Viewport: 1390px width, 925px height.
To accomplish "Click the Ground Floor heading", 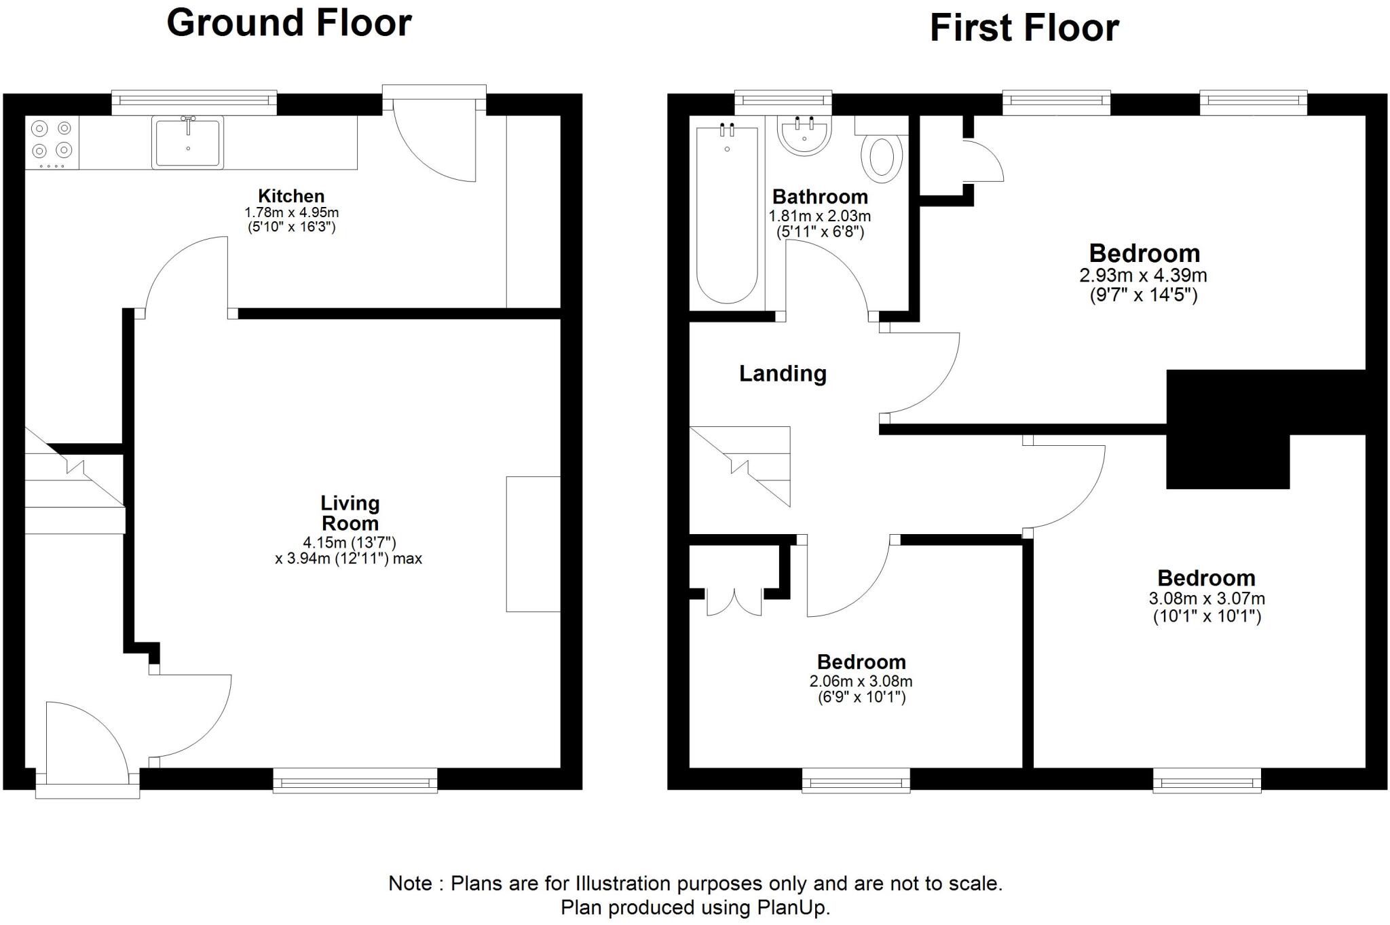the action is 289,23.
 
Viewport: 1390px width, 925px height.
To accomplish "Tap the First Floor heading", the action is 1023,29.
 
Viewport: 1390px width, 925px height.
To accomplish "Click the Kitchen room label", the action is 291,196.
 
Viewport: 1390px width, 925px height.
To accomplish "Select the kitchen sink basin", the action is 188,143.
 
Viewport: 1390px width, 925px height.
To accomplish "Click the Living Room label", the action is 350,513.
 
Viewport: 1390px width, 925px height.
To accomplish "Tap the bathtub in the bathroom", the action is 727,214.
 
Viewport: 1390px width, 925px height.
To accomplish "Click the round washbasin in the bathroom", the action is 804,136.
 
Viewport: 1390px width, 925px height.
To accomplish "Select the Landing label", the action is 783,373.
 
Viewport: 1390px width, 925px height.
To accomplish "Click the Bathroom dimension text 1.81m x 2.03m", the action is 819,216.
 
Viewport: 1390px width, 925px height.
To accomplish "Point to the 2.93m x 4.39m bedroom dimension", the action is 1143,276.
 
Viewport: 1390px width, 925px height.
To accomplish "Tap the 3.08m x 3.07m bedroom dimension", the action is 1206,599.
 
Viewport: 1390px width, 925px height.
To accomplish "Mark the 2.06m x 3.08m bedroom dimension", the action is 861,681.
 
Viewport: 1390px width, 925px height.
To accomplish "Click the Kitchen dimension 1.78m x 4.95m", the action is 291,212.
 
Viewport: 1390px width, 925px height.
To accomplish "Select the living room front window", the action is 355,780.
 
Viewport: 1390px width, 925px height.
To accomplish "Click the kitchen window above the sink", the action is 194,101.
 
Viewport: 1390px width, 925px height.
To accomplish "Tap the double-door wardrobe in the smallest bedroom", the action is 734,601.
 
